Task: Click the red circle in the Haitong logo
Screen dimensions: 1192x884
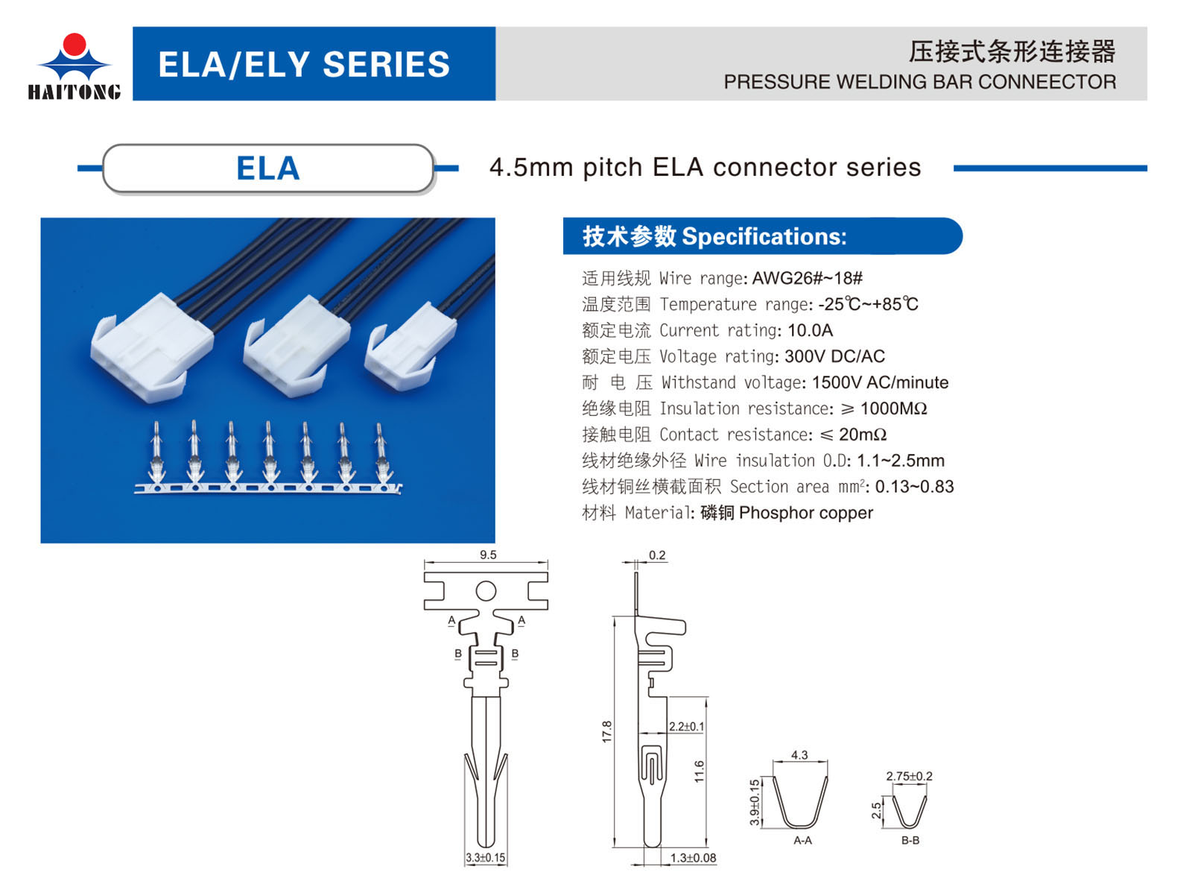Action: (74, 45)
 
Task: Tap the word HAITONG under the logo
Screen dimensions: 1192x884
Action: (74, 92)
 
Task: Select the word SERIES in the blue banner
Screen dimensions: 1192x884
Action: (386, 65)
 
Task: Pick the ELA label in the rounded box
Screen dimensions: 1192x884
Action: (267, 168)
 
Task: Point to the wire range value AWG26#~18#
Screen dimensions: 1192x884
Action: (807, 278)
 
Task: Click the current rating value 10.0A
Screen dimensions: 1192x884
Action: (810, 330)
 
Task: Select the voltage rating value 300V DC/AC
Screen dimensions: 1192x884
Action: (834, 356)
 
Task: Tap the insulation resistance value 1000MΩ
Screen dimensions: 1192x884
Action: (893, 408)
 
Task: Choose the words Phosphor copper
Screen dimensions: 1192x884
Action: (805, 513)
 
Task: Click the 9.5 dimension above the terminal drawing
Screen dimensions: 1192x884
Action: (487, 555)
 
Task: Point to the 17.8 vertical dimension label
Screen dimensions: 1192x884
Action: (606, 732)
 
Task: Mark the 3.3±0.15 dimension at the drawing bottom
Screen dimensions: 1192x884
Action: (485, 858)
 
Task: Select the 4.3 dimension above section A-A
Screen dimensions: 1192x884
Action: (799, 755)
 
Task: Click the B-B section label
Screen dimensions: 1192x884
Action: (910, 841)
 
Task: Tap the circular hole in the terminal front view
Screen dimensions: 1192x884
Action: (486, 591)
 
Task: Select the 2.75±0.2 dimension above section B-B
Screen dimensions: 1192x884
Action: (910, 776)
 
